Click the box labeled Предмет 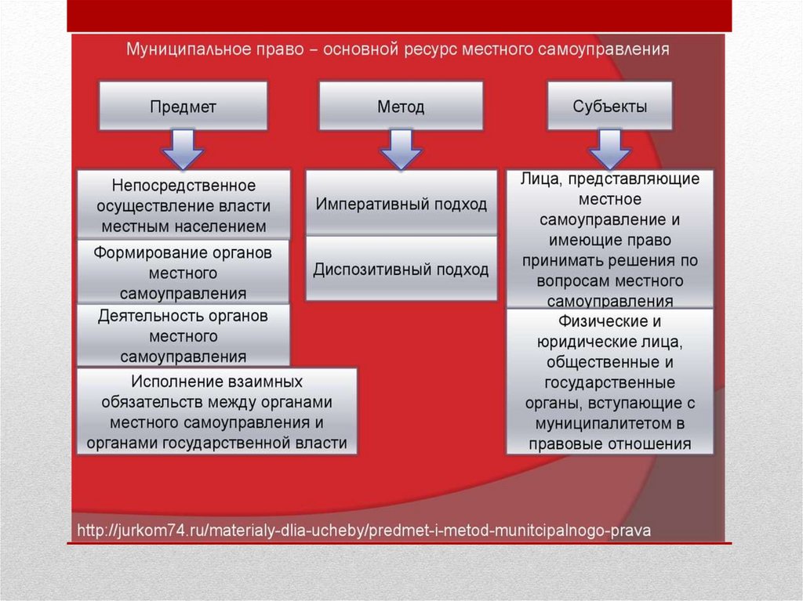(x=183, y=106)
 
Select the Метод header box (x=401, y=106)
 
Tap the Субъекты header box (x=609, y=106)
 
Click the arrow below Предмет (x=183, y=149)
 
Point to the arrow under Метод (x=401, y=149)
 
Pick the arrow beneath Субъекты (x=609, y=149)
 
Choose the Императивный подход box (x=401, y=204)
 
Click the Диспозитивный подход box (x=401, y=269)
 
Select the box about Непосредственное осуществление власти (x=183, y=205)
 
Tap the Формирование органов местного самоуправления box (x=183, y=273)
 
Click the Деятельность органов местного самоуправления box (x=183, y=336)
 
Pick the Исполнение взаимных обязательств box (x=217, y=411)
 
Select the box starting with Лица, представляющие (x=609, y=239)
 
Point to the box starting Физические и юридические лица (x=609, y=382)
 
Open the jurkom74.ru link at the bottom (x=363, y=530)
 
